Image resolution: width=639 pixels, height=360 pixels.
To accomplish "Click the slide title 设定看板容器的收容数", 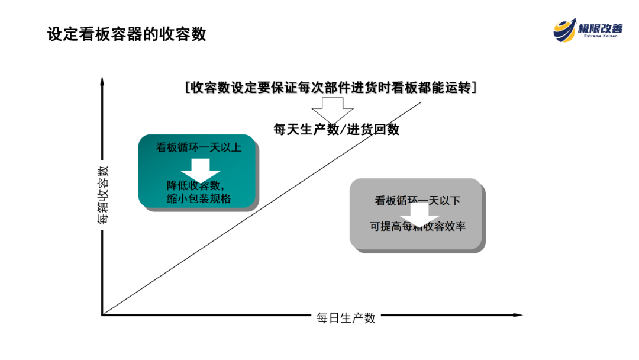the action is tap(127, 34).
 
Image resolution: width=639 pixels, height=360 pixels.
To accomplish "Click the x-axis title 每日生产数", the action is tap(346, 318).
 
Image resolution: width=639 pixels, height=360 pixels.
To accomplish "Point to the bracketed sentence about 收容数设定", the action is tap(331, 88).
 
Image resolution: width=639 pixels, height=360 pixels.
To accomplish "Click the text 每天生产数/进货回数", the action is tap(336, 129).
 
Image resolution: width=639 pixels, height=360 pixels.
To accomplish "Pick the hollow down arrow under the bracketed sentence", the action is tap(332, 109).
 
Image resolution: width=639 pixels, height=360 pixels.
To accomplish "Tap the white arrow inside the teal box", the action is tap(200, 169).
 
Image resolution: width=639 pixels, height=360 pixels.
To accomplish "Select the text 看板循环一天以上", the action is tap(198, 147).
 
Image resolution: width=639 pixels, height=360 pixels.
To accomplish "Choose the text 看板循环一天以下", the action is tap(417, 201).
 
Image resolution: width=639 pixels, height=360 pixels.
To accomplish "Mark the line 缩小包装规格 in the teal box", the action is tap(199, 199).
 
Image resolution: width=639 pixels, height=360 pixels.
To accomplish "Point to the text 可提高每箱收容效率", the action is tap(418, 226).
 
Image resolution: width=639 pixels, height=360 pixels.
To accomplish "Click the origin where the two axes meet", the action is tap(102, 314).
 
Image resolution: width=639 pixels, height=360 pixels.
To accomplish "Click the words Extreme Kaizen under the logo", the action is tap(600, 36).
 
